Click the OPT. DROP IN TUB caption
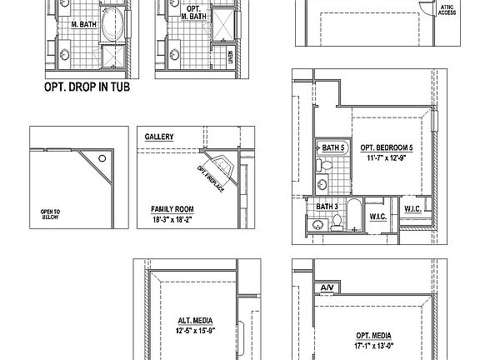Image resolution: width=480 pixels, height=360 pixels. tap(87, 85)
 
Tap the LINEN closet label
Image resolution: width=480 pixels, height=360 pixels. tap(231, 59)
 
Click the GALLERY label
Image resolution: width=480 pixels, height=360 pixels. tap(158, 136)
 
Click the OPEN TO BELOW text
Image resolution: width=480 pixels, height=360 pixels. tap(51, 215)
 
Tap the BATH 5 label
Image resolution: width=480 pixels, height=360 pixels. tap(333, 147)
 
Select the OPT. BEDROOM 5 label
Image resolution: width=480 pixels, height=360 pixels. tap(387, 148)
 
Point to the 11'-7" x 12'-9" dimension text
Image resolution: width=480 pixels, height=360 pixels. tap(387, 158)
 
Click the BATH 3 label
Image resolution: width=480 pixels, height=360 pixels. tap(327, 206)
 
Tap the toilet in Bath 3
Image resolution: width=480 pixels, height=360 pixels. tap(336, 222)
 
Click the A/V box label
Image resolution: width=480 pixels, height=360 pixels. tap(326, 288)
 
